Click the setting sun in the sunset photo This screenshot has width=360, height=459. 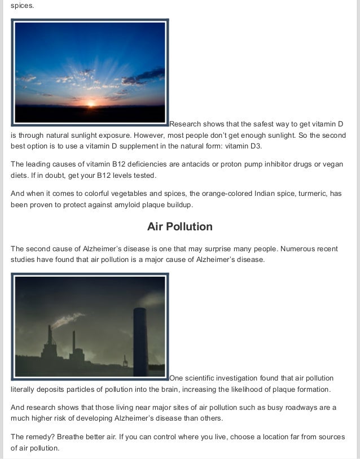click(90, 103)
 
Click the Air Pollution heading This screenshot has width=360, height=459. click(180, 226)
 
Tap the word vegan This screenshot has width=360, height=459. click(332, 164)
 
